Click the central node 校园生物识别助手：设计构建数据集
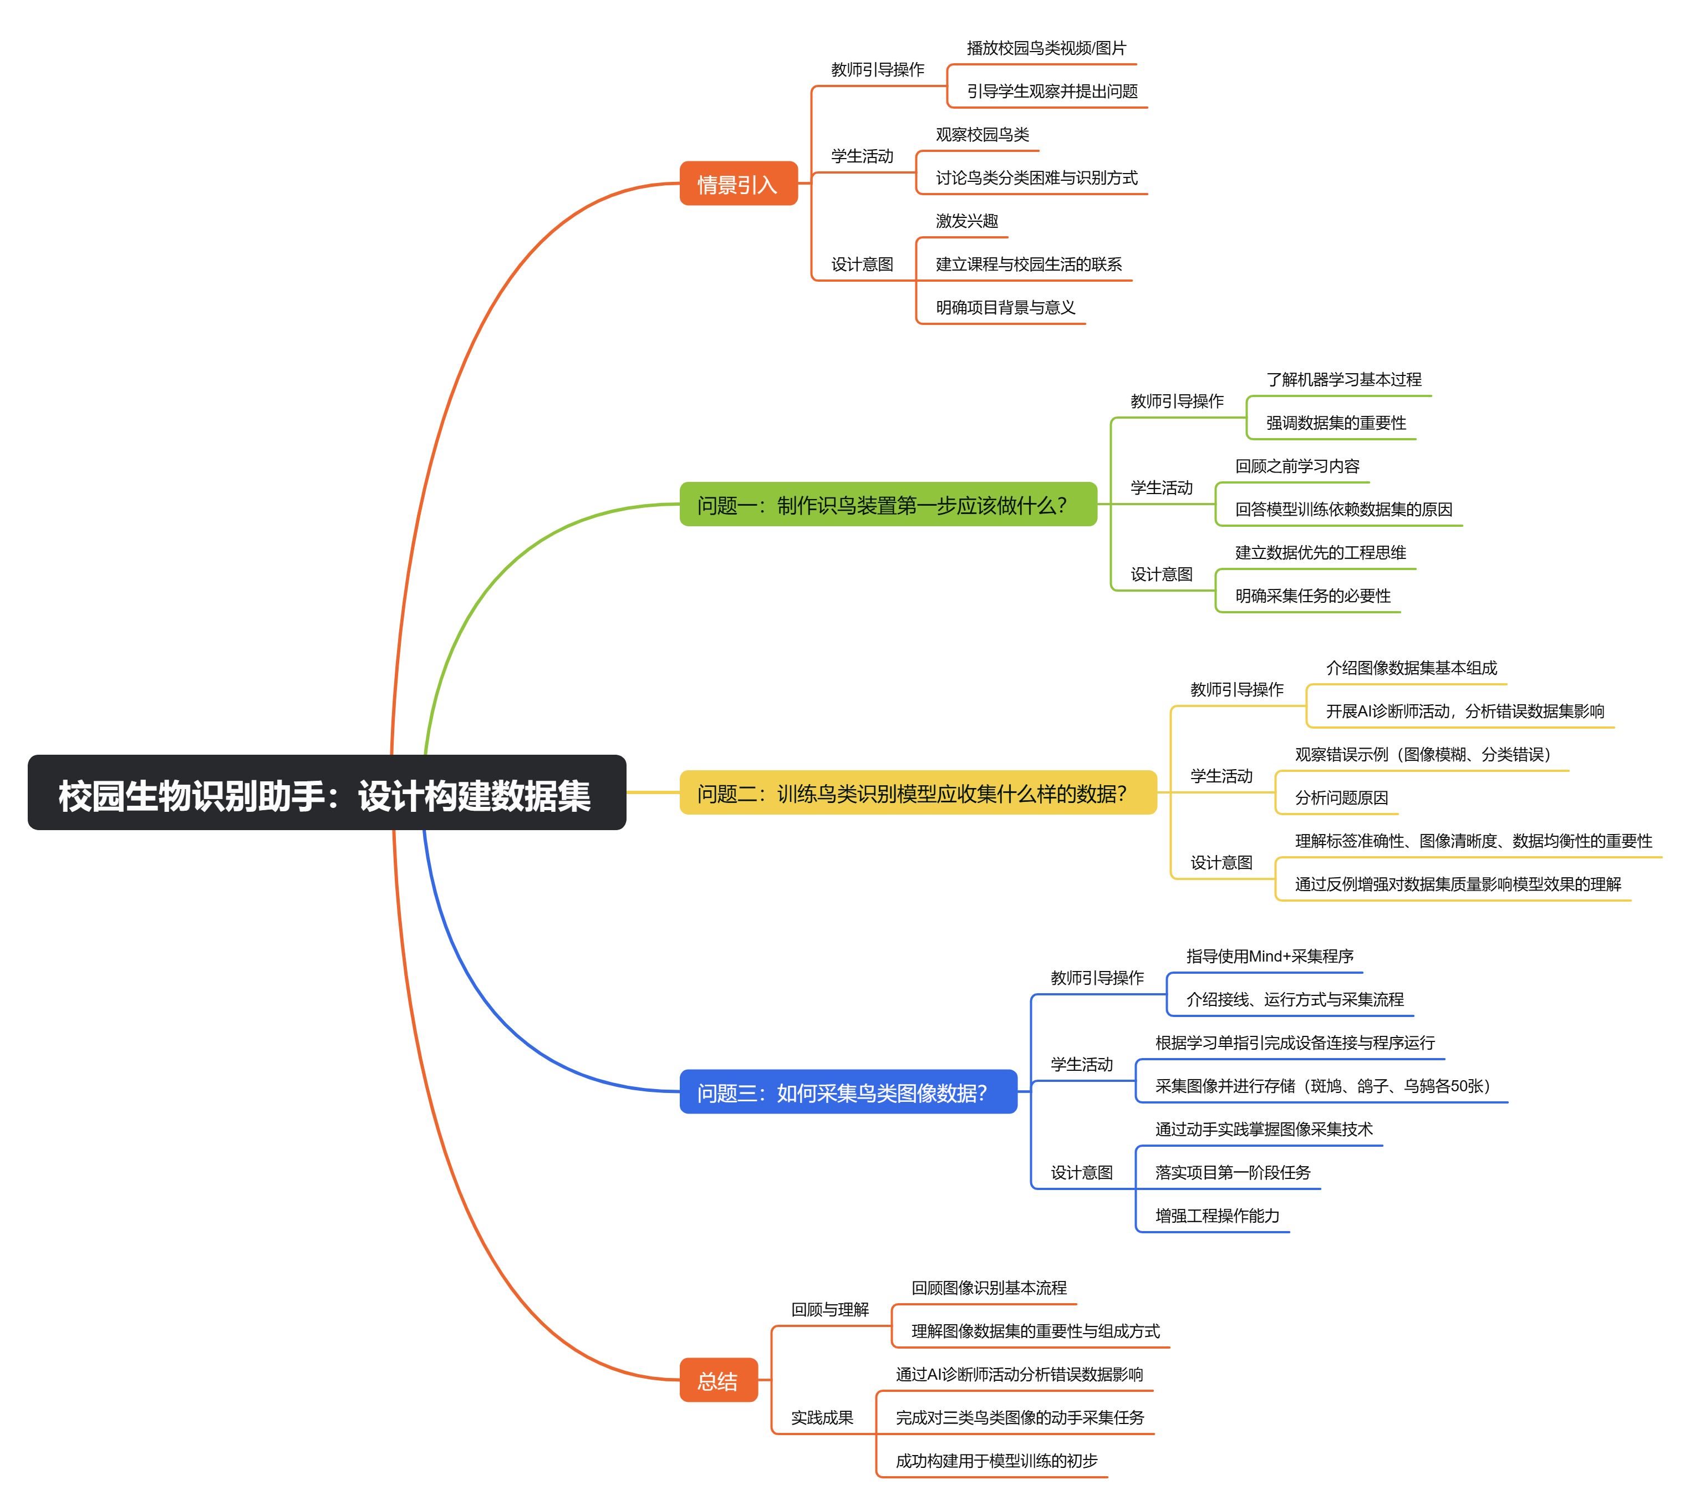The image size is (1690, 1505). click(x=327, y=792)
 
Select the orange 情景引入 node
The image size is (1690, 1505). click(x=739, y=184)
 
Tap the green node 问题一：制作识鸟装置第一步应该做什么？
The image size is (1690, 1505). click(x=888, y=505)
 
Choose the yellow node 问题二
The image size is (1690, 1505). click(x=918, y=792)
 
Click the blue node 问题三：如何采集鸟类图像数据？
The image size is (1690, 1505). click(x=848, y=1091)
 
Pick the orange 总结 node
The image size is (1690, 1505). click(x=719, y=1380)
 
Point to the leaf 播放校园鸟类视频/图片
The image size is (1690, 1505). click(x=1046, y=48)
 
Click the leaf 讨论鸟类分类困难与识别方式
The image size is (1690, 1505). click(x=1037, y=178)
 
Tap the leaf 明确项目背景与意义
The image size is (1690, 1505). click(x=1005, y=308)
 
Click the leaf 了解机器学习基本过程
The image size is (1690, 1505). click(x=1343, y=379)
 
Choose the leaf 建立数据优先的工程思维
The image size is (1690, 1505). click(x=1320, y=552)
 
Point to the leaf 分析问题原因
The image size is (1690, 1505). click(x=1341, y=797)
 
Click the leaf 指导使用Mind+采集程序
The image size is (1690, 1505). click(x=1270, y=956)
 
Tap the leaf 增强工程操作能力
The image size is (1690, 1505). click(x=1217, y=1216)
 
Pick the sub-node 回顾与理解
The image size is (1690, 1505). click(x=830, y=1309)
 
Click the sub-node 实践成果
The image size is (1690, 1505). click(x=822, y=1417)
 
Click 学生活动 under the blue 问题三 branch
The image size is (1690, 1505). click(x=1081, y=1064)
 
